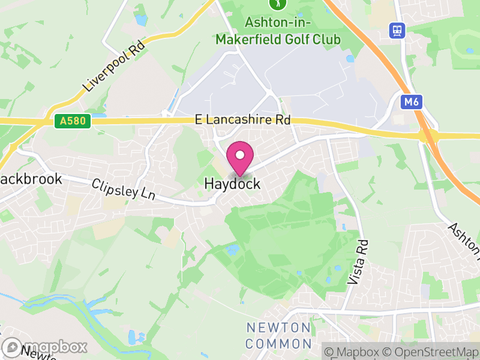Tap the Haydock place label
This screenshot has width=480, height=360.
(x=233, y=184)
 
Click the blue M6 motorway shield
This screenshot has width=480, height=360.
(x=410, y=102)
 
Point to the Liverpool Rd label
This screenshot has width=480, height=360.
(x=114, y=65)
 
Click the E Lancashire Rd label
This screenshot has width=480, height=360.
(x=243, y=120)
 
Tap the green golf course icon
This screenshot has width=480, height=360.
(x=277, y=4)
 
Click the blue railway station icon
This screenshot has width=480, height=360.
(x=397, y=29)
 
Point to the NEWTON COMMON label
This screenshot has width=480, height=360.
(x=279, y=336)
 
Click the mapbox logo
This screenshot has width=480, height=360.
(x=44, y=347)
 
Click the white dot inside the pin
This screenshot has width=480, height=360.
(x=240, y=155)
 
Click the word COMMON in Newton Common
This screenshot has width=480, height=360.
(x=279, y=344)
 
